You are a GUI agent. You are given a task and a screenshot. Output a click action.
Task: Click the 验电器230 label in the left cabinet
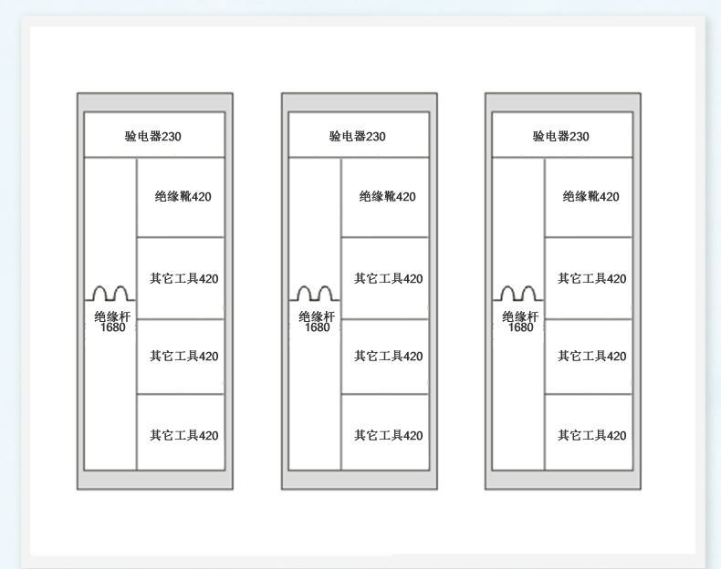(x=152, y=137)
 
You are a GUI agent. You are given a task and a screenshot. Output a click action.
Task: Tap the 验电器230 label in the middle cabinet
(x=357, y=137)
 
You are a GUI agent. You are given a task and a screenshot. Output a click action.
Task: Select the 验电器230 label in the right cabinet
(x=561, y=137)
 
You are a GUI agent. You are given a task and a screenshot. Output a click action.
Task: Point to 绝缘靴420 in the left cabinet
(x=183, y=197)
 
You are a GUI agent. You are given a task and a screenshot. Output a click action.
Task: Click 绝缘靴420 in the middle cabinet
(x=388, y=197)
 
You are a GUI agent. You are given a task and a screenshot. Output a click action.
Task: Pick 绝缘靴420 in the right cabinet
(x=591, y=197)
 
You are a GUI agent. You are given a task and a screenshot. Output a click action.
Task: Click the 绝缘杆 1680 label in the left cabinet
(x=112, y=322)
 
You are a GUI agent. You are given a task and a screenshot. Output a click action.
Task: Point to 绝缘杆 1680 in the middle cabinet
(x=318, y=322)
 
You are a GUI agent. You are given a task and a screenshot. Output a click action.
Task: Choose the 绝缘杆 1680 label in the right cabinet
(x=520, y=322)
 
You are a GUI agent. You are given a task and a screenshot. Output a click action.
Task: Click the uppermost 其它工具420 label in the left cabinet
(x=184, y=278)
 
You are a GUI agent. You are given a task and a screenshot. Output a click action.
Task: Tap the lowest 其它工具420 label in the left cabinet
(x=184, y=435)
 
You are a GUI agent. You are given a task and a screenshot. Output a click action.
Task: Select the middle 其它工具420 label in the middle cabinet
(x=389, y=356)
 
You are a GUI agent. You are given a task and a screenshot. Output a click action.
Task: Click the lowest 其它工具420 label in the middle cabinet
(x=389, y=435)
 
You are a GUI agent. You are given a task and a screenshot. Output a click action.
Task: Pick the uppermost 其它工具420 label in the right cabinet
(x=592, y=278)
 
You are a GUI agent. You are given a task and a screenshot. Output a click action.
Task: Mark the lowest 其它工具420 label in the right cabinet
(x=592, y=435)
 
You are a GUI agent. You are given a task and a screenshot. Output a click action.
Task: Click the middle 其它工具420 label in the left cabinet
(x=184, y=356)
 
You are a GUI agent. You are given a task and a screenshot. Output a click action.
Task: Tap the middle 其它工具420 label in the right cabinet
(x=592, y=356)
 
